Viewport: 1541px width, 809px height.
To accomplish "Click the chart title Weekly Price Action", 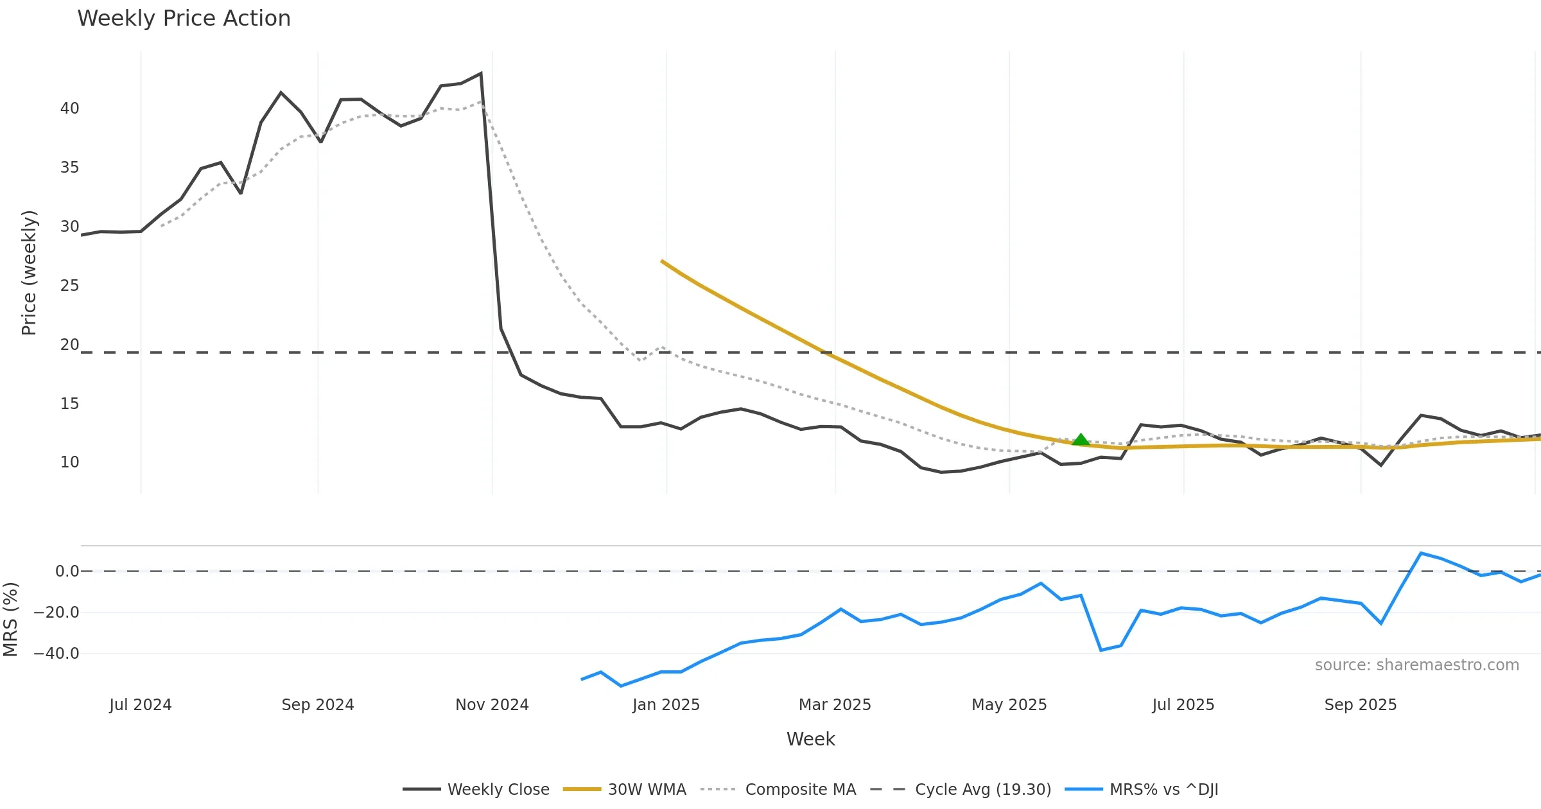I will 184,19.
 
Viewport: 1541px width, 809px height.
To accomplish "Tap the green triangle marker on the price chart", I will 1081,440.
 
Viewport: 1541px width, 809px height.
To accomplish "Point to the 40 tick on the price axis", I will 69,109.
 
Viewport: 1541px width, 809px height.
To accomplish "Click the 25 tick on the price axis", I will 69,286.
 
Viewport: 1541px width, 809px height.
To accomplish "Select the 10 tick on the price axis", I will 69,462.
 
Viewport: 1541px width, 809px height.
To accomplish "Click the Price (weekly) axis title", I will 29,273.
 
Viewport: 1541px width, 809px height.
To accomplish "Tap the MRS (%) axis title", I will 11,620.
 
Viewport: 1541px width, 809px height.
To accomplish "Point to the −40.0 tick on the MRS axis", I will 57,654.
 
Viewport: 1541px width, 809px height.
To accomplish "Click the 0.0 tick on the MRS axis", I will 67,571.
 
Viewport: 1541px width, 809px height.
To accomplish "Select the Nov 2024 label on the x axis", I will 492,705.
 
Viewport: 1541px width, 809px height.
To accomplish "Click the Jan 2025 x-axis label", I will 666,705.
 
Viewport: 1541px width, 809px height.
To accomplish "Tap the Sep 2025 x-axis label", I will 1360,705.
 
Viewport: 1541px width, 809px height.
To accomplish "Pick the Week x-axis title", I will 810,740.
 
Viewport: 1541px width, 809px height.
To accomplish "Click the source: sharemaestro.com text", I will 1416,665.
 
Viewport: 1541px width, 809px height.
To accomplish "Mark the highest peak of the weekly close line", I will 481,73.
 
